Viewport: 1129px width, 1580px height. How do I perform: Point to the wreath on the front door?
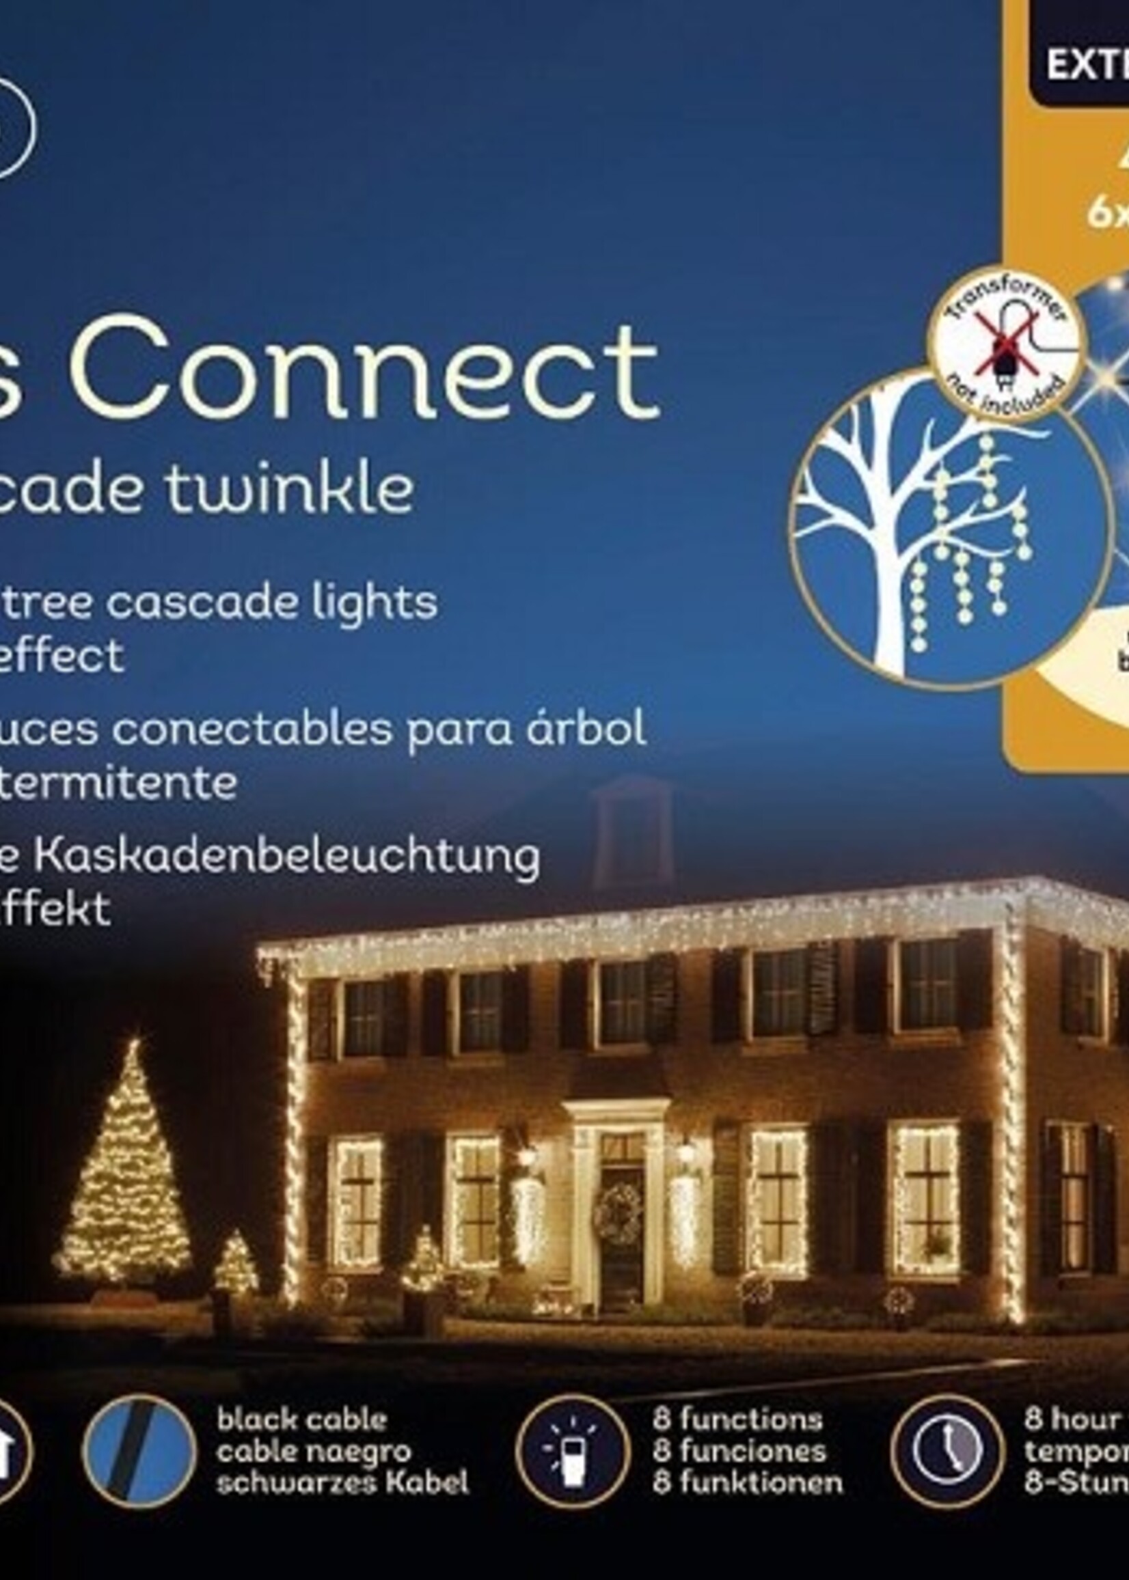coord(619,1212)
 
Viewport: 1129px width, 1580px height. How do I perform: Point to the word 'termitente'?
coord(118,782)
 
